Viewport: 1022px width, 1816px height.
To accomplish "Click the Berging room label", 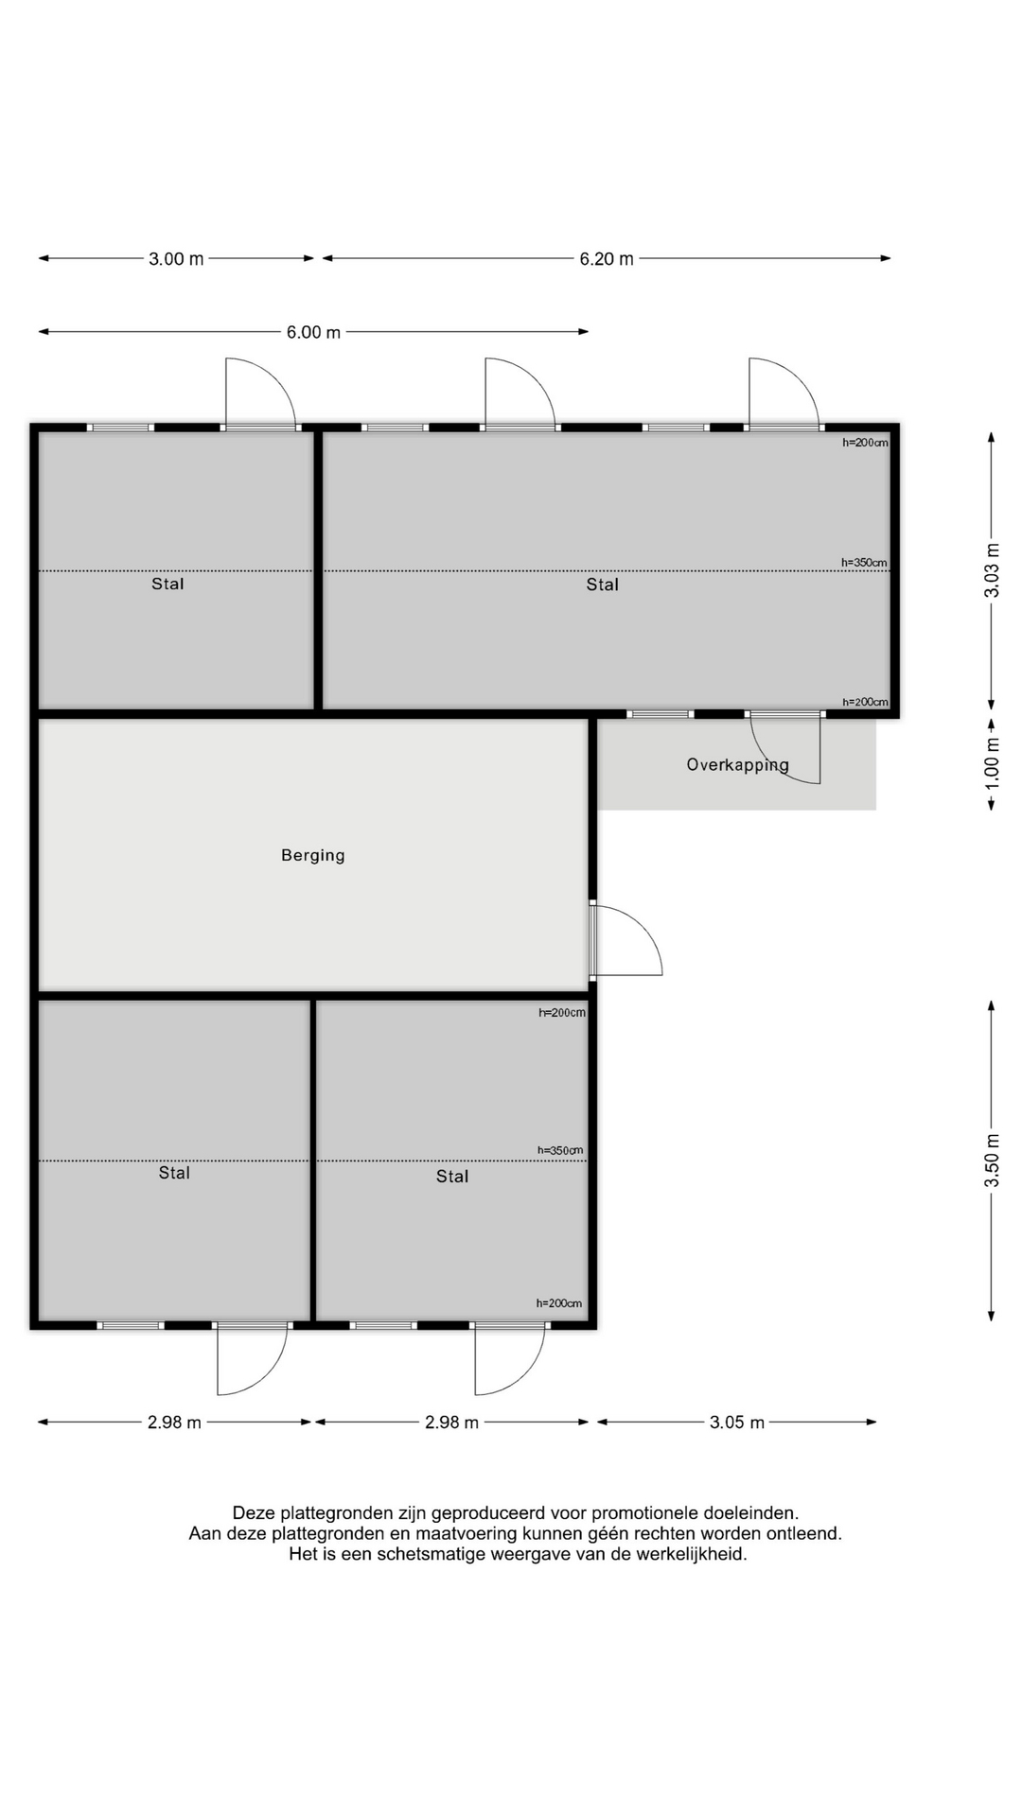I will [313, 855].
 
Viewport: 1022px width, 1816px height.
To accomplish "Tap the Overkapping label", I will [737, 764].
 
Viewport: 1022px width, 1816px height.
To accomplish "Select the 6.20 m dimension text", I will [607, 259].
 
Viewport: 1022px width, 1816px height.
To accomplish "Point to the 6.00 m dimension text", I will [313, 333].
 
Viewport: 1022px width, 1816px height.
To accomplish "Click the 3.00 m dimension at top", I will [176, 259].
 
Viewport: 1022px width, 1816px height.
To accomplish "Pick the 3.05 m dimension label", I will [737, 1423].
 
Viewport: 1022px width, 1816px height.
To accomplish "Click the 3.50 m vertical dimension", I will [992, 1161].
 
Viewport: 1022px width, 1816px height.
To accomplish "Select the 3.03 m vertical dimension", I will [992, 570].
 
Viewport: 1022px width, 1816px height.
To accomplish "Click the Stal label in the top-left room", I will [167, 585].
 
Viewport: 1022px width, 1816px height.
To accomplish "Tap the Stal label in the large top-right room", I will [602, 585].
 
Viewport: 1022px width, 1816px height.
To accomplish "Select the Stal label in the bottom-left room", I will [174, 1173].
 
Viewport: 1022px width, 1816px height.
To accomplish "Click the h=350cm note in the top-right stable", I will [865, 563].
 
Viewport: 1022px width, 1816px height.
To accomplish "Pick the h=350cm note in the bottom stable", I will [560, 1151].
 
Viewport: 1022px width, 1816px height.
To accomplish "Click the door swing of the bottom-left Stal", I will [249, 1362].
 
